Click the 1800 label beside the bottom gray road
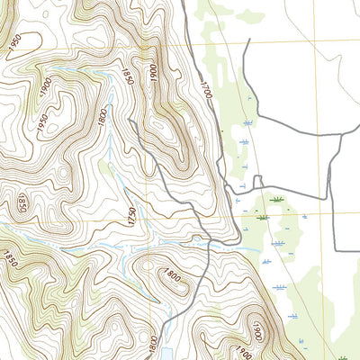click(x=153, y=344)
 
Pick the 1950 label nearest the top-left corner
click(x=13, y=41)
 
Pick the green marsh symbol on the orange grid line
click(x=263, y=217)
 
